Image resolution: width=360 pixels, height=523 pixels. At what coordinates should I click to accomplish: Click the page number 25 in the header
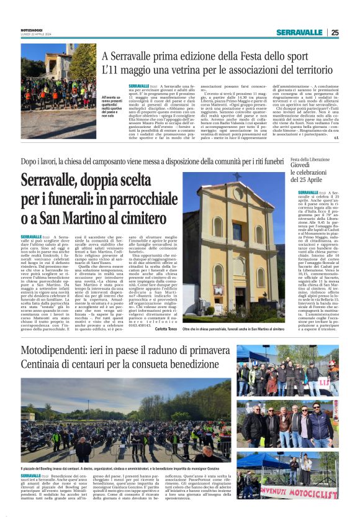[x=335, y=33]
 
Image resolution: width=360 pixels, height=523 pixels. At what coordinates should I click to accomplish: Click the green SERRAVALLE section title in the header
[x=300, y=33]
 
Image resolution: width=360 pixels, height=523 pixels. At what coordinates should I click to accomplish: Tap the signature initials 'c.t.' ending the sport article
[x=336, y=137]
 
